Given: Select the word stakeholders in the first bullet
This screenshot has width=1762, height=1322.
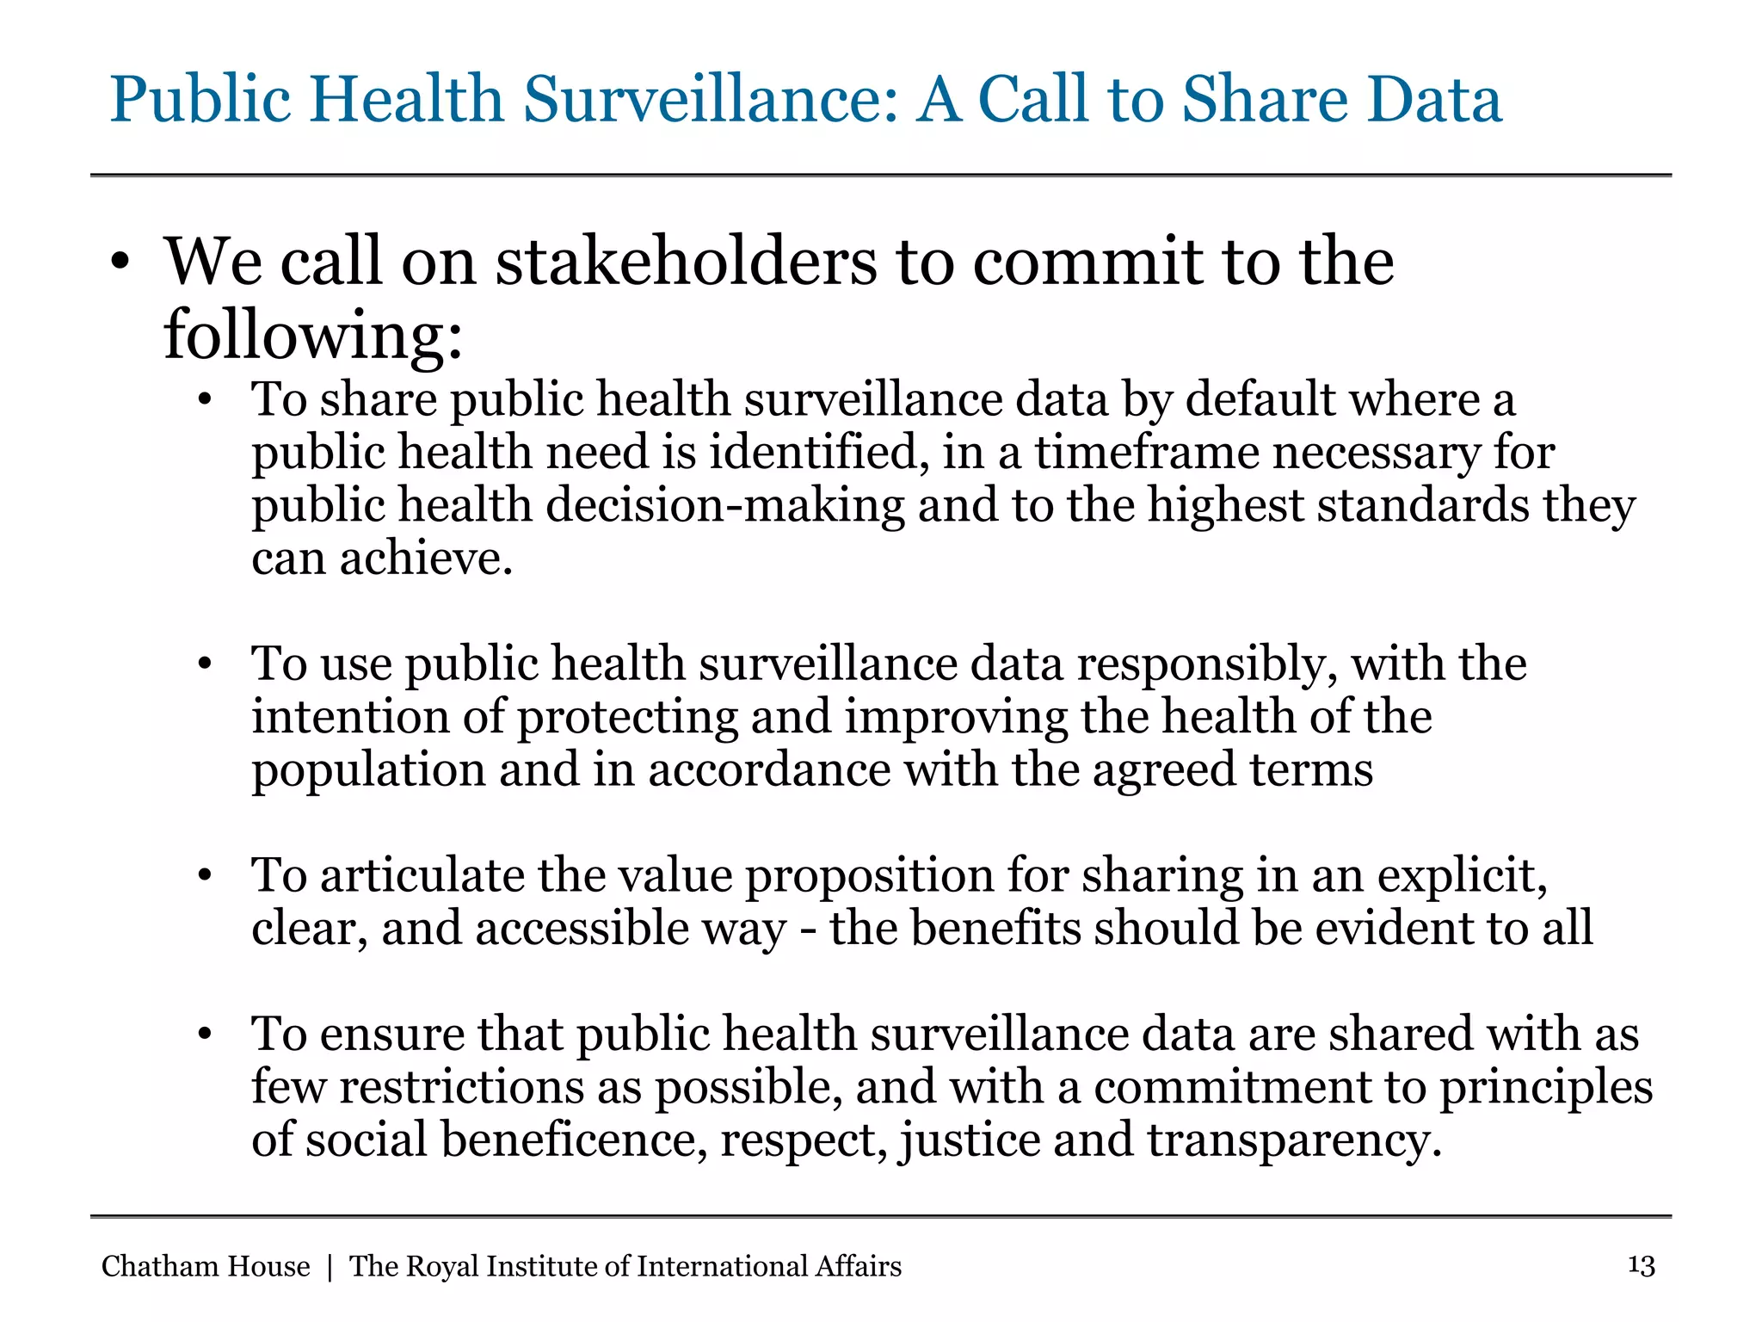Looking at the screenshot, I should click(686, 262).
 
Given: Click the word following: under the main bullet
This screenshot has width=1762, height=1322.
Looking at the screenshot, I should click(313, 336).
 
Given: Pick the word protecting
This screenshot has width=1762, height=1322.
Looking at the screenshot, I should click(627, 717).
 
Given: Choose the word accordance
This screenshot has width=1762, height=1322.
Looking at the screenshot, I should click(769, 769).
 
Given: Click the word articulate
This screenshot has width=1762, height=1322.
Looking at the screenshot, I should click(422, 875).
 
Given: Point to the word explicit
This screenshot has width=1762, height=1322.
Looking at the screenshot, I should click(1462, 875).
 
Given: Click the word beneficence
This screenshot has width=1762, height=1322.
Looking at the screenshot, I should click(574, 1140).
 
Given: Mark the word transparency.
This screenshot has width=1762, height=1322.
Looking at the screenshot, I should click(1294, 1140).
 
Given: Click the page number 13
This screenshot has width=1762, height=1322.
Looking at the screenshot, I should click(1642, 1266).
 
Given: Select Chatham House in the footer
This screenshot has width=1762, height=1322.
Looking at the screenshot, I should click(206, 1266).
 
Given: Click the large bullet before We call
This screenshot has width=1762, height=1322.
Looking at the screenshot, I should click(120, 262).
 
